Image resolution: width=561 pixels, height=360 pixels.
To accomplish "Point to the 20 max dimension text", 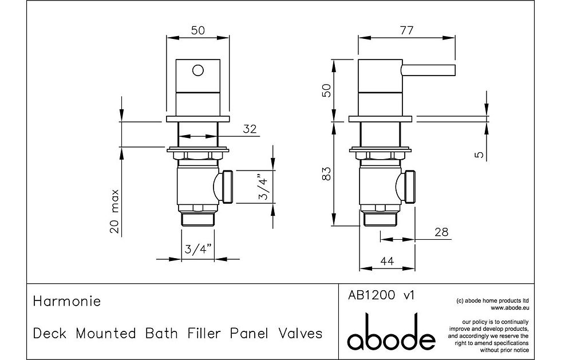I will tap(116, 211).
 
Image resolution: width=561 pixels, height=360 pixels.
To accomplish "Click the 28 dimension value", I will tap(441, 232).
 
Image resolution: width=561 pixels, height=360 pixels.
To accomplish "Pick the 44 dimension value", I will tap(388, 260).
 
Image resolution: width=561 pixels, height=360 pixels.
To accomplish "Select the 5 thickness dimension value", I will tap(480, 154).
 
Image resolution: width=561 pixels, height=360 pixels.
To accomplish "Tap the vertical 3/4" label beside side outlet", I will tap(262, 187).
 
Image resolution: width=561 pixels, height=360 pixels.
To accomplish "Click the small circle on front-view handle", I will tap(197, 71).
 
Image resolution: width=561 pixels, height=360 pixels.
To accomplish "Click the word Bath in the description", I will tap(164, 333).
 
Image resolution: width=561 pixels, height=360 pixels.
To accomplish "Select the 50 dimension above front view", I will tap(198, 31).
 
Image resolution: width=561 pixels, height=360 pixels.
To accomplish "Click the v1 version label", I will tap(409, 296).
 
